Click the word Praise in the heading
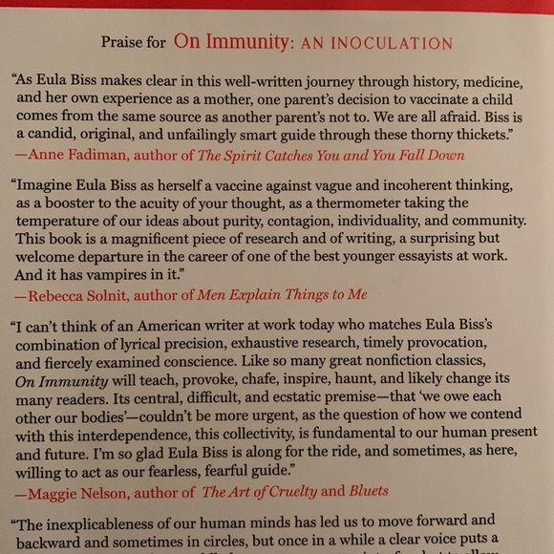pyautogui.click(x=122, y=43)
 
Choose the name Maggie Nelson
pyautogui.click(x=82, y=491)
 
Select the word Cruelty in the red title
pyautogui.click(x=288, y=491)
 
